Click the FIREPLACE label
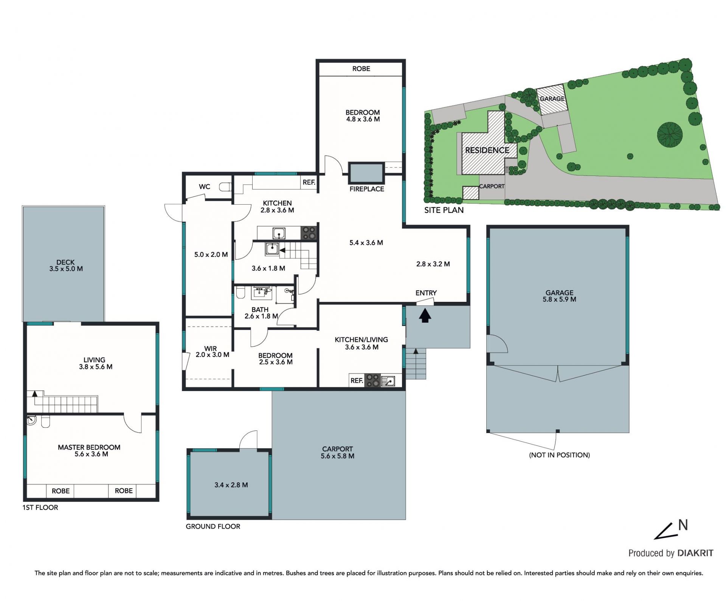coord(366,189)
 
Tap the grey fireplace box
coord(366,173)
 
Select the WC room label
coord(205,186)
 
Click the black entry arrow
coord(425,315)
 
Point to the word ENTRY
coord(426,293)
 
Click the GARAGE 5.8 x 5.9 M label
coord(560,296)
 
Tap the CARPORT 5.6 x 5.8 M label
coord(338,452)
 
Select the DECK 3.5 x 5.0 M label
coord(66,266)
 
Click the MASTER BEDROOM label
coord(89,447)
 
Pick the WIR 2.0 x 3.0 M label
coord(212,352)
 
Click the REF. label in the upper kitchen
coord(309,182)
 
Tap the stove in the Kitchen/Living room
coord(372,380)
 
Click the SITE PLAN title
coord(444,210)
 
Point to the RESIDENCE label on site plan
coord(487,150)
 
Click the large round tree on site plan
coord(670,134)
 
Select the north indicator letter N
coord(683,525)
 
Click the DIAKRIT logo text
coord(695,553)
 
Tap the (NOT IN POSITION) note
coord(560,455)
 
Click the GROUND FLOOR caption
coord(213,526)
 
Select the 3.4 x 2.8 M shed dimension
coord(231,485)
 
